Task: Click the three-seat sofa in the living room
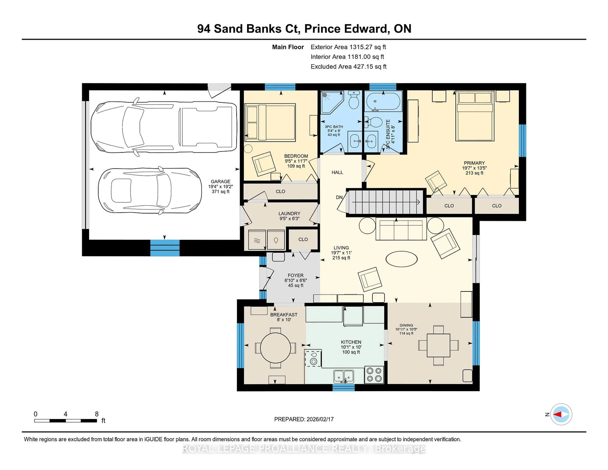coord(401,229)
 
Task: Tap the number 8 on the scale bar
coord(97,414)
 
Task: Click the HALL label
coord(337,172)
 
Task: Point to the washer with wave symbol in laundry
coord(257,240)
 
